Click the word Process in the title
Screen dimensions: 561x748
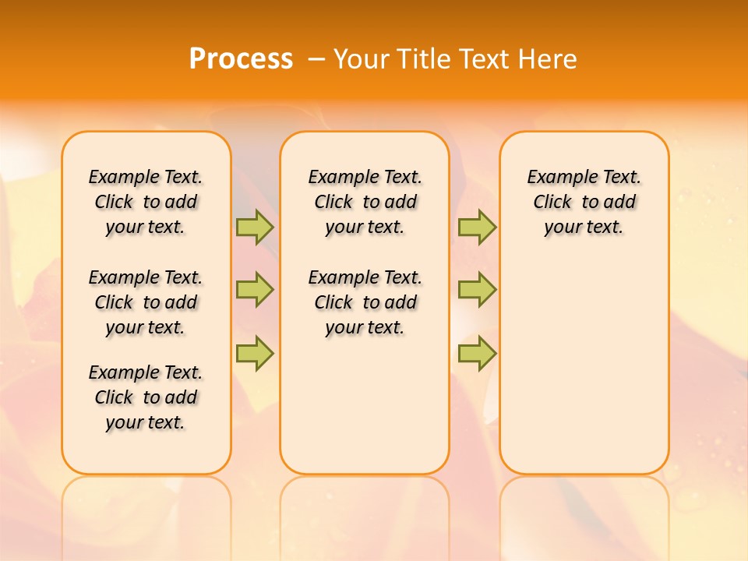click(241, 58)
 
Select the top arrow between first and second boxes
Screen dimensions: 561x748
click(255, 227)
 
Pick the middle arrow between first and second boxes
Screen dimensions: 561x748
click(255, 290)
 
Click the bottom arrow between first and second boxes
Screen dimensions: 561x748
click(255, 354)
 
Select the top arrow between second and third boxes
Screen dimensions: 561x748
click(477, 227)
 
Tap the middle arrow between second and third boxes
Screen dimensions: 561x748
click(477, 290)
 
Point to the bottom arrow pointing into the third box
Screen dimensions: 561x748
click(477, 354)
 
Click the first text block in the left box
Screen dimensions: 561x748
click(146, 202)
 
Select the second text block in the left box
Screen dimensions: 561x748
click(146, 302)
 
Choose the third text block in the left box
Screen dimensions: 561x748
click(146, 397)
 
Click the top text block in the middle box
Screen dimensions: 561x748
click(365, 202)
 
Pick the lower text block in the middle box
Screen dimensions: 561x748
click(365, 302)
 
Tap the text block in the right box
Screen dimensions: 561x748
click(584, 202)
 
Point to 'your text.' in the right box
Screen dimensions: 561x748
click(584, 228)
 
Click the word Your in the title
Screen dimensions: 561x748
click(361, 59)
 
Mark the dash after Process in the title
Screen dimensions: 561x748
click(316, 59)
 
